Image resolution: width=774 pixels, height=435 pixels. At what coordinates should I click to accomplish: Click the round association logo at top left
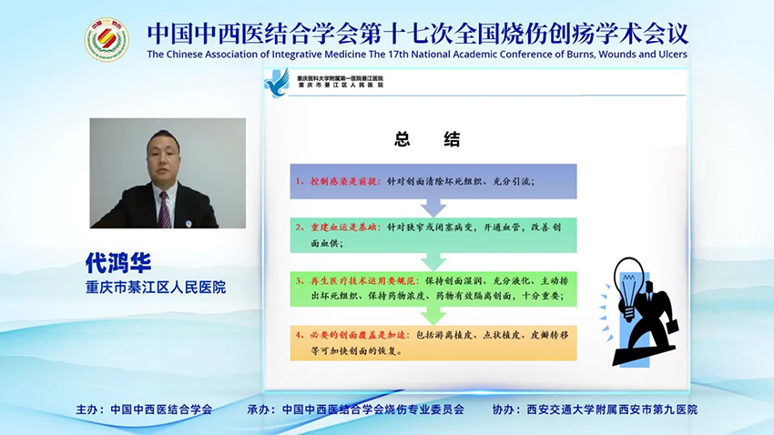(107, 39)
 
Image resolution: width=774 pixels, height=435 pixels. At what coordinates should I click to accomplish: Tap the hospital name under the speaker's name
(156, 288)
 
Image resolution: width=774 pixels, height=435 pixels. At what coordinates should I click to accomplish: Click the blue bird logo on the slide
(276, 84)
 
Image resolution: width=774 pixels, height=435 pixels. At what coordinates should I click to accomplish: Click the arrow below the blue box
(433, 208)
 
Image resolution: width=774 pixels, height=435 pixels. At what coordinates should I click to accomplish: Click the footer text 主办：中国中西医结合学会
(144, 410)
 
